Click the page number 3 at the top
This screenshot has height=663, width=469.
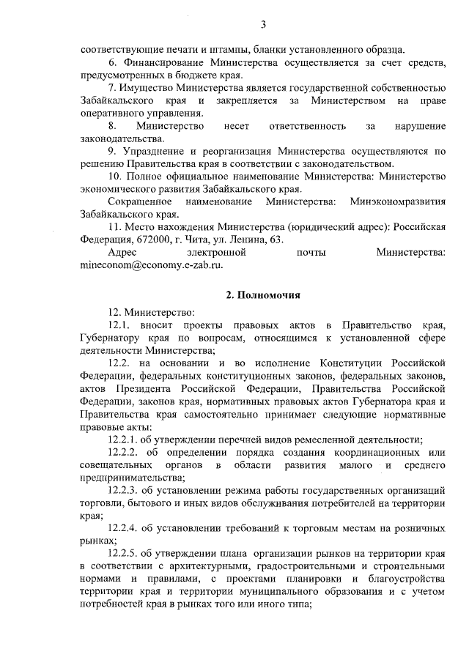[x=262, y=26]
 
